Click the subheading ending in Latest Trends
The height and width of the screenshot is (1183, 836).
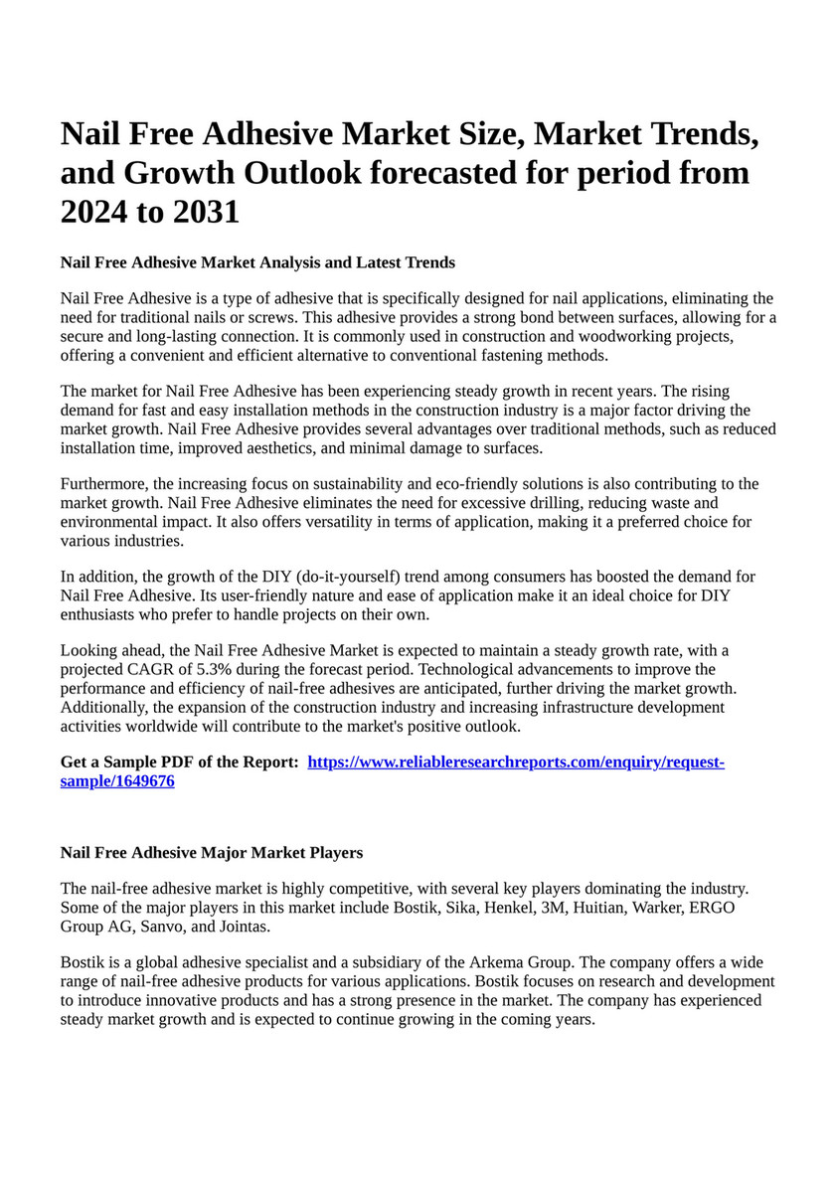(257, 262)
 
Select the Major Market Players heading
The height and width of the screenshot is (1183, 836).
(211, 853)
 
